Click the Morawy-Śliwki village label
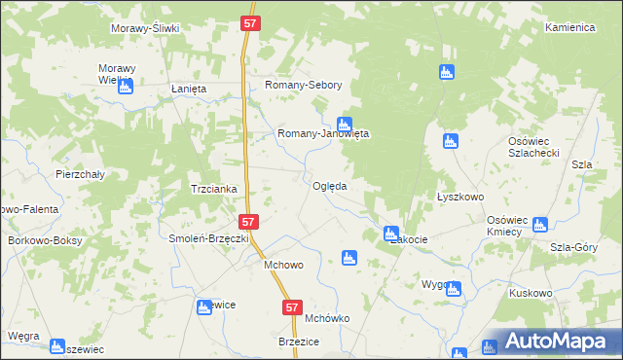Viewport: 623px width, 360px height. coord(146,28)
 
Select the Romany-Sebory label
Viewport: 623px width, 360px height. coord(304,86)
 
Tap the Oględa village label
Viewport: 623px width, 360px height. coord(330,186)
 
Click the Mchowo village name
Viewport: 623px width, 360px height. coord(277,264)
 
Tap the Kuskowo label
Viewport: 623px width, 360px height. coord(531,292)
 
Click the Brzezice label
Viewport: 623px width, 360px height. coord(301,342)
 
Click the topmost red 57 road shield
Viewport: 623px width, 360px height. coord(251,21)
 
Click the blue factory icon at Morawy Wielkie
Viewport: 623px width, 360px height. coord(125,88)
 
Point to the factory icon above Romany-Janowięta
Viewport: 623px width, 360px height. coord(344,124)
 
